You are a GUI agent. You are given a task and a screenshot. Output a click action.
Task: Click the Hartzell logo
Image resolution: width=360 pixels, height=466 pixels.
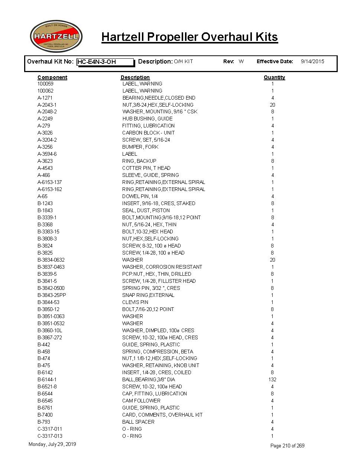56,36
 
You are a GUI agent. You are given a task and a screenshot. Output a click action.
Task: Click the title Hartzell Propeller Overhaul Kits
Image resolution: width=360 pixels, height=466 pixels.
189,37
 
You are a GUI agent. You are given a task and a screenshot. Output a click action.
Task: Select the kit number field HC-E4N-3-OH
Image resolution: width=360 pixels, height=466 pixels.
105,62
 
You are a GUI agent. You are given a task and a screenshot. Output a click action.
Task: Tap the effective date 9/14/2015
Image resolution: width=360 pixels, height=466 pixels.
312,61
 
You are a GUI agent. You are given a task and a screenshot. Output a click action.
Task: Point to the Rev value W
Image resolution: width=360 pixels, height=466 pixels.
241,61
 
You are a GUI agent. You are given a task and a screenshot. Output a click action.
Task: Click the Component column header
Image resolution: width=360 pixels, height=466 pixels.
52,77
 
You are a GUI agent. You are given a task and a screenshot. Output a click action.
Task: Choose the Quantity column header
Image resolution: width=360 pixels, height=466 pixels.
274,77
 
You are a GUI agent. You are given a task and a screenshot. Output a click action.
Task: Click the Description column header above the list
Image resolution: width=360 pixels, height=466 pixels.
135,77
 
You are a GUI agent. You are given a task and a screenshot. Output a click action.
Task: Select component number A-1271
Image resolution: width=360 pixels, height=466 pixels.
45,98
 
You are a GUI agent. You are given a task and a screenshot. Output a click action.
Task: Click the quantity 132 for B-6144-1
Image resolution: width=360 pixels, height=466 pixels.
272,379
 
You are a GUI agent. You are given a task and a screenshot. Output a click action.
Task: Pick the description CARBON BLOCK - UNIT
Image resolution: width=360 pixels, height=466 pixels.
148,133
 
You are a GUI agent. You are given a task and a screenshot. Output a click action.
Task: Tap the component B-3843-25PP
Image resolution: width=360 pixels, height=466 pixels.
52,295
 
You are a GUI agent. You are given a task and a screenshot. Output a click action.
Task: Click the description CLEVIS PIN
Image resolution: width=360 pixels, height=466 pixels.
135,302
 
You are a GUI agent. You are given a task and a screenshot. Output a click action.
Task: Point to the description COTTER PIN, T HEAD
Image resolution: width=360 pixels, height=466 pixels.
146,168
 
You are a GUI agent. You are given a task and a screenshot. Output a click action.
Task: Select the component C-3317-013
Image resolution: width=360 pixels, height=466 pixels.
50,436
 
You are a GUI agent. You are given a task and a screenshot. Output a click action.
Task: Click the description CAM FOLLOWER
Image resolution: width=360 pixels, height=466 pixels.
141,401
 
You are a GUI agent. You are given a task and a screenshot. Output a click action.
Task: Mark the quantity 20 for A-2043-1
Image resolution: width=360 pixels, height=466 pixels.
272,105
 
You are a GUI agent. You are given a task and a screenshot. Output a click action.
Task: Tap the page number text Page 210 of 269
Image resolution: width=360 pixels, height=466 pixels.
287,446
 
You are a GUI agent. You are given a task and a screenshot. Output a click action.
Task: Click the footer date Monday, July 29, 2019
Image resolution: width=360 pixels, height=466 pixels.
52,444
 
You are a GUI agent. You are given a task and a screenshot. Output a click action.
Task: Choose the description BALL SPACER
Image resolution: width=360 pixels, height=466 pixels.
138,422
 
